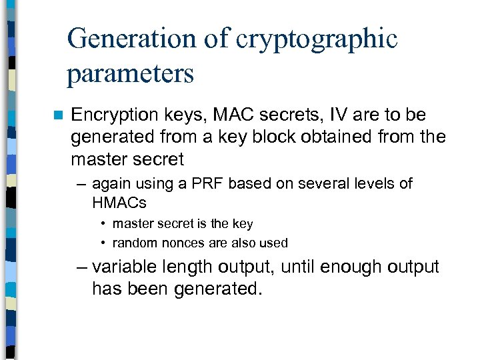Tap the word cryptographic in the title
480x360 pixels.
click(x=321, y=39)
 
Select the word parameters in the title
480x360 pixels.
click(x=130, y=73)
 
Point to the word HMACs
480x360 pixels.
click(x=119, y=201)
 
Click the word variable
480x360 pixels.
click(x=124, y=267)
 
